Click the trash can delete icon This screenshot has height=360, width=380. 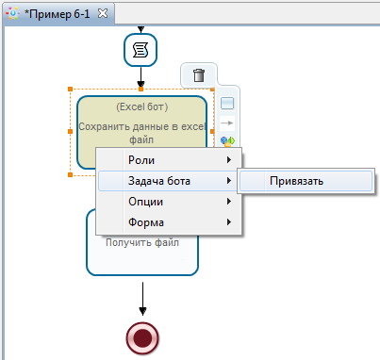198,75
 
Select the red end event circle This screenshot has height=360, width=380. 142,337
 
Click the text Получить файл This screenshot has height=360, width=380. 143,241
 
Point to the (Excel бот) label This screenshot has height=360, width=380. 141,107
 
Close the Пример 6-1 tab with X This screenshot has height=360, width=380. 104,13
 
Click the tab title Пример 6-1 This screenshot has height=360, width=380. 58,13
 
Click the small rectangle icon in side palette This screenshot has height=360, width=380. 227,104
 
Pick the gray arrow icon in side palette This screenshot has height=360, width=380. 227,123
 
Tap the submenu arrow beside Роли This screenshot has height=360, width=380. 228,160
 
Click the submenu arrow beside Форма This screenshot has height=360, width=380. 228,222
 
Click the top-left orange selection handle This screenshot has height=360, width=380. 71,90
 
